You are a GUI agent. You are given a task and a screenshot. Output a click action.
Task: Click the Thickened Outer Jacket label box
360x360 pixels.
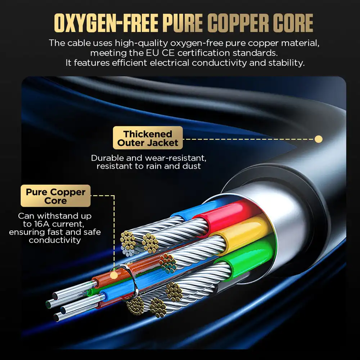[148, 138]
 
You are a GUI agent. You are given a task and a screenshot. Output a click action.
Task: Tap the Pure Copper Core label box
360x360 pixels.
[55, 196]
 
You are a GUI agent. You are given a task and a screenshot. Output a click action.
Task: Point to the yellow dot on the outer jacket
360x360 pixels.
[318, 139]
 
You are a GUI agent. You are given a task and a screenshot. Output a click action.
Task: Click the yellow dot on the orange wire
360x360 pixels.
[114, 275]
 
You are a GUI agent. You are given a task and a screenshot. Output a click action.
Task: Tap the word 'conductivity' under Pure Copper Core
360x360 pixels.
[55, 240]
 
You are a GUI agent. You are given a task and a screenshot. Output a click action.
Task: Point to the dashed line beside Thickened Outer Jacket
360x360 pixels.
[248, 139]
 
